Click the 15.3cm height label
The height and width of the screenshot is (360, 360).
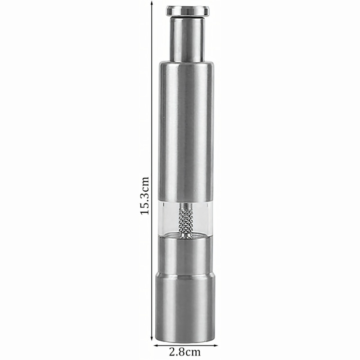coord(144,196)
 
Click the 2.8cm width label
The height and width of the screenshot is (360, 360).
coord(185,351)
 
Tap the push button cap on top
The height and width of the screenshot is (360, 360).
coord(188,11)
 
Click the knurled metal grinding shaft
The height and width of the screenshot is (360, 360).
coord(185,221)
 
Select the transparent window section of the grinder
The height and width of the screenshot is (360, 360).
coord(185,219)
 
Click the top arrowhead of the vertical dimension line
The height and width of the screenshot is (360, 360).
coord(152,3)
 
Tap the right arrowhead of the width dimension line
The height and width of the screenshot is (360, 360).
coord(215,345)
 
